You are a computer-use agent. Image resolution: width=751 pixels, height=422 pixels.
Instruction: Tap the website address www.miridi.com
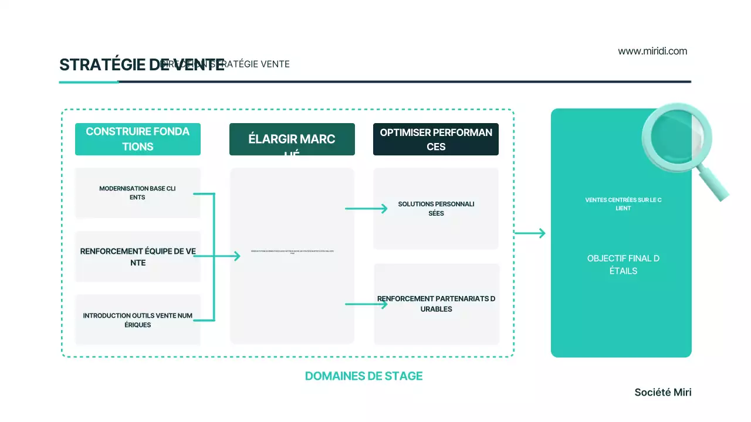coord(652,51)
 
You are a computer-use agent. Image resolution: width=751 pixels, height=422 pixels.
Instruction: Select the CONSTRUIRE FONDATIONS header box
coord(138,139)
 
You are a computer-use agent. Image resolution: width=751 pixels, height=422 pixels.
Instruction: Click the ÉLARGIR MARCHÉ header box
coord(292,139)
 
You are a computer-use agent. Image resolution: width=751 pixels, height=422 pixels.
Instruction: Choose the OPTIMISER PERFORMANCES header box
coord(436,139)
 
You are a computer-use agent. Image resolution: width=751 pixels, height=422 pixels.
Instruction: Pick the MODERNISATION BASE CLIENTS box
coord(138,193)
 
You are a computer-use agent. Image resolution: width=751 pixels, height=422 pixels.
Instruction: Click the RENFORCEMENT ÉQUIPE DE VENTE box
coord(138,257)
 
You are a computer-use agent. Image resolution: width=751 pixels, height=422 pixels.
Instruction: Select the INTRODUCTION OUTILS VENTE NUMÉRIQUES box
coord(138,320)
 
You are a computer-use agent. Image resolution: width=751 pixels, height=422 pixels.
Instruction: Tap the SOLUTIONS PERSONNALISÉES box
coord(436,209)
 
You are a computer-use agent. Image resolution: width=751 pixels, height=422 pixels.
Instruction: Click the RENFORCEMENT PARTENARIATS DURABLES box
coord(436,304)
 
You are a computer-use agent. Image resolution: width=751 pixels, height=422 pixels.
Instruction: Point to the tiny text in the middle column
coord(292,251)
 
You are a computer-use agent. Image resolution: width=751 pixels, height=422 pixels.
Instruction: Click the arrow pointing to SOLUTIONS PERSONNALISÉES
coord(366,209)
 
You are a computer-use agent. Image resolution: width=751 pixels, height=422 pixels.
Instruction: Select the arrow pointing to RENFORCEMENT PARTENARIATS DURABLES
coord(366,304)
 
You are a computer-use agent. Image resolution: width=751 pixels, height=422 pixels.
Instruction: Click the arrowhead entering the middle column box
coord(236,256)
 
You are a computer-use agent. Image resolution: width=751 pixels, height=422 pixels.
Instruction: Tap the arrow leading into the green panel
coord(530,233)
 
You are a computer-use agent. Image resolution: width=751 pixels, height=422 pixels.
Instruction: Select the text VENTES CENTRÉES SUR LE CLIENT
coord(623,204)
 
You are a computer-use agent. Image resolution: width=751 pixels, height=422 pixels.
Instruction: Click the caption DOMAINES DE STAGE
coord(363,376)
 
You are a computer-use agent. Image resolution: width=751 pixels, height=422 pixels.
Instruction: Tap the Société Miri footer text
coord(662,393)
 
